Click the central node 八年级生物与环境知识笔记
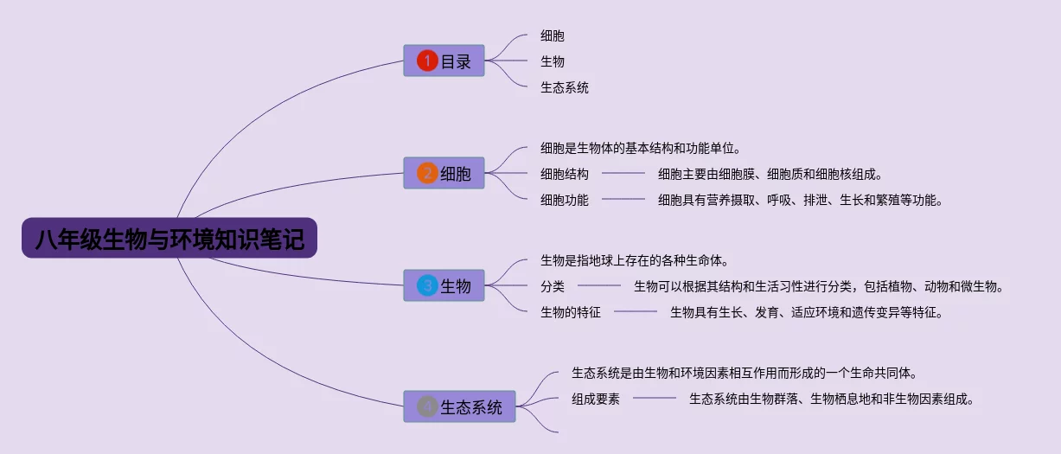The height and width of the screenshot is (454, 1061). tap(169, 238)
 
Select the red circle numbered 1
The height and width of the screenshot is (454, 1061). tap(427, 61)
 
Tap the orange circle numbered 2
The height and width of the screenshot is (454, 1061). tap(427, 173)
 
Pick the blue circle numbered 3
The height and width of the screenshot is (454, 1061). tap(427, 285)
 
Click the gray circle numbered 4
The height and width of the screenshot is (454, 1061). tap(427, 406)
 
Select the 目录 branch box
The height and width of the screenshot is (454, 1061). tap(444, 61)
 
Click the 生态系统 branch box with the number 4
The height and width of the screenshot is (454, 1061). tap(459, 406)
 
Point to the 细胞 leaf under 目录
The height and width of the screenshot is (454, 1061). tap(553, 35)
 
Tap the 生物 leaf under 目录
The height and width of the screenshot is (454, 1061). tap(553, 61)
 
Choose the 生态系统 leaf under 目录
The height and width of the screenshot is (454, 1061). tap(565, 87)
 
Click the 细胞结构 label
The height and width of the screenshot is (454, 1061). tap(565, 174)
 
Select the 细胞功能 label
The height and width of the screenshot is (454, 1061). tap(565, 200)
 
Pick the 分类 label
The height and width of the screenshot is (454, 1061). tap(553, 286)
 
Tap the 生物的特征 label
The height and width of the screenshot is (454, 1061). tap(571, 312)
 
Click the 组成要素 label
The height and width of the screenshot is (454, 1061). tap(596, 399)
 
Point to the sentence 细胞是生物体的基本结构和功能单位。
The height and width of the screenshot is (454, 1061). tap(641, 149)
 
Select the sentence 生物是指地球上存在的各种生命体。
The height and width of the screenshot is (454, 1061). tap(635, 260)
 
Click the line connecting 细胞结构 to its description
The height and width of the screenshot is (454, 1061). tap(623, 174)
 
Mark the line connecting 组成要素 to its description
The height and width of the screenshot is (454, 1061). tap(655, 398)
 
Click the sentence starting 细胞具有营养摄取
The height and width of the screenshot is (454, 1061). tap(801, 200)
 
